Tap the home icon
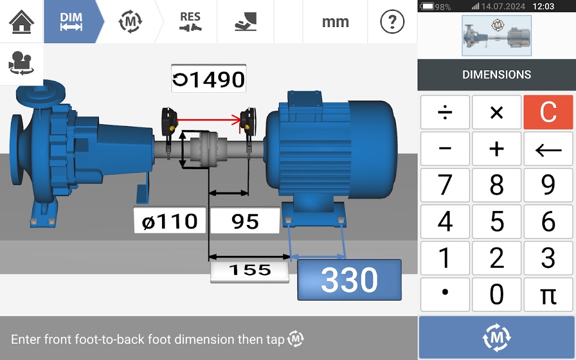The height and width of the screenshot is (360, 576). coord(21,22)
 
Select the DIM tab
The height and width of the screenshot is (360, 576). coord(71,22)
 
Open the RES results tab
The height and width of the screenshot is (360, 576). coord(190,22)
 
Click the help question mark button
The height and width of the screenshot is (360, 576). coord(392,22)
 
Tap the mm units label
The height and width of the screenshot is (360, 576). coord(335,22)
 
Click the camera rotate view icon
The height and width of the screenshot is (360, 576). coord(21,63)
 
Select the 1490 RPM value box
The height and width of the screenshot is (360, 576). coord(208,78)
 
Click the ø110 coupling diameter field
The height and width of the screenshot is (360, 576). coord(170,220)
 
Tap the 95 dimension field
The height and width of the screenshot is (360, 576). coord(245,220)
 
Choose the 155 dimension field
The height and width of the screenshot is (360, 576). coord(250,270)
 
